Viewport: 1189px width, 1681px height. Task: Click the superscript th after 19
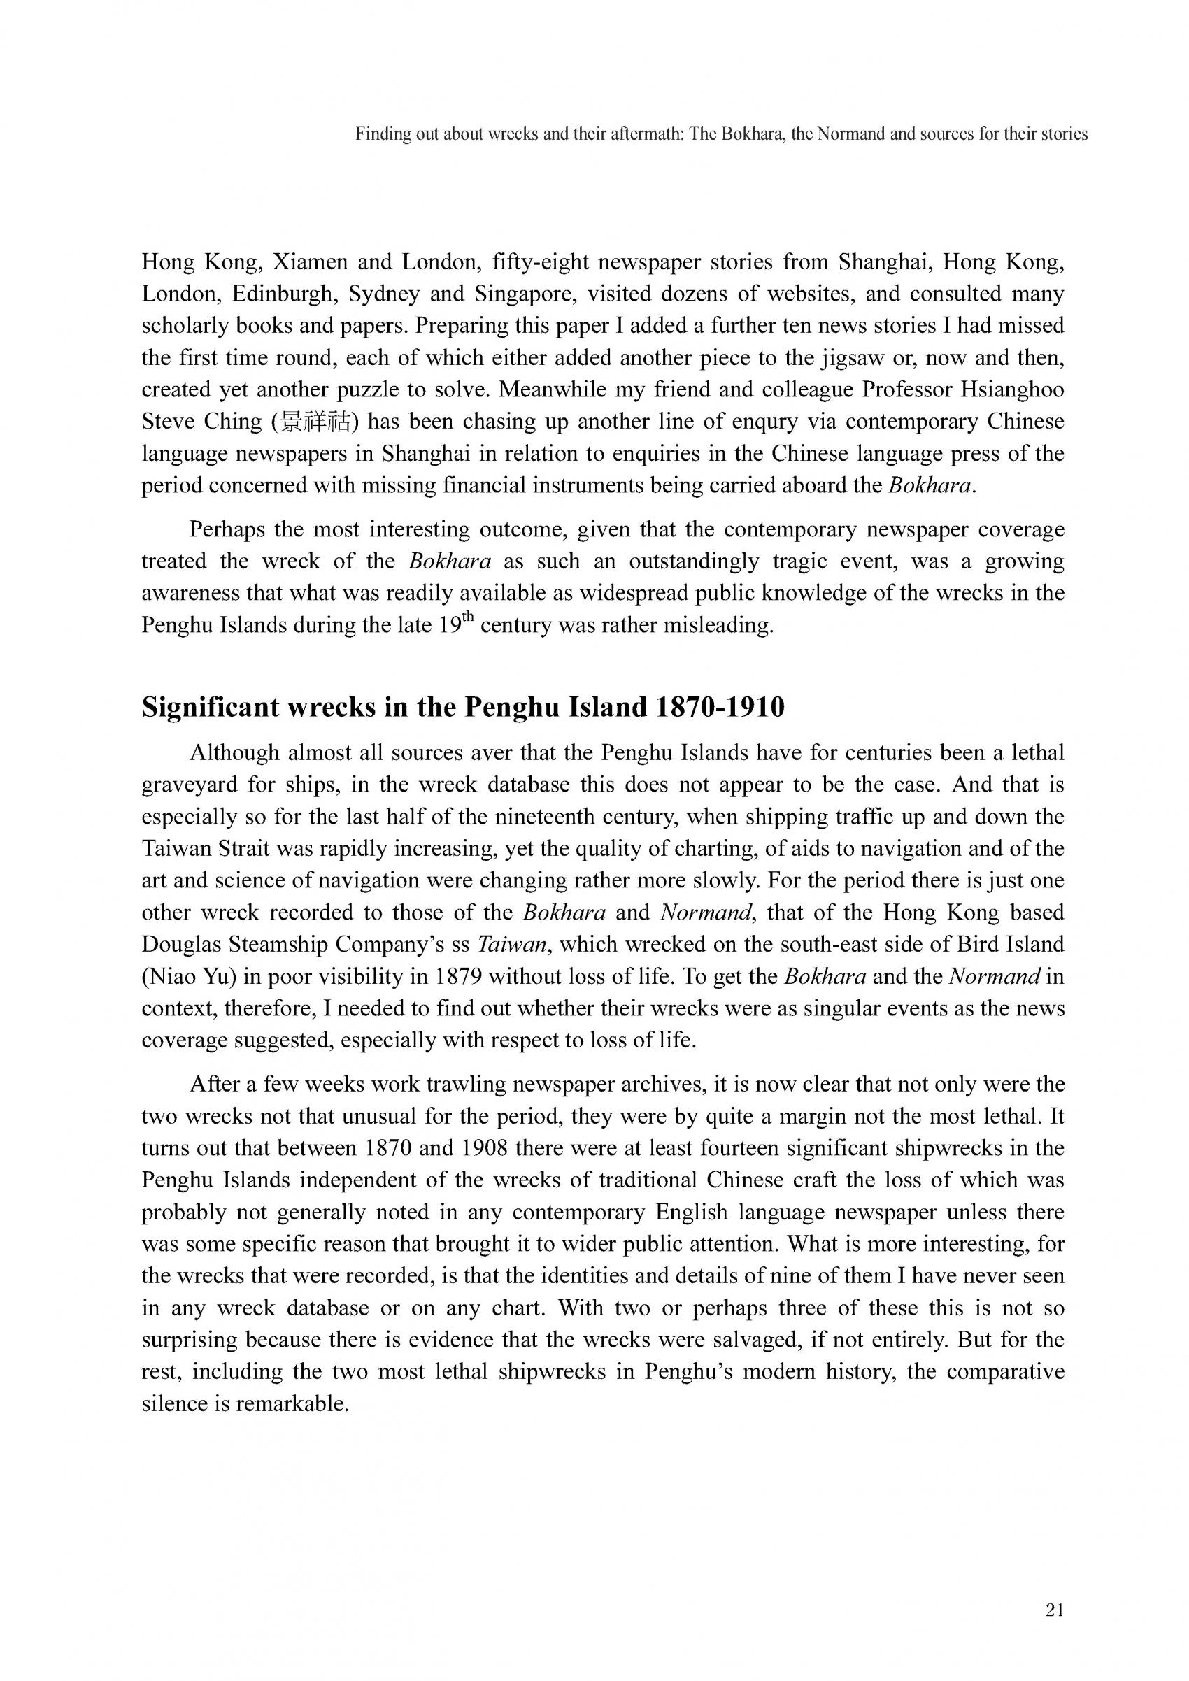[x=472, y=621]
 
